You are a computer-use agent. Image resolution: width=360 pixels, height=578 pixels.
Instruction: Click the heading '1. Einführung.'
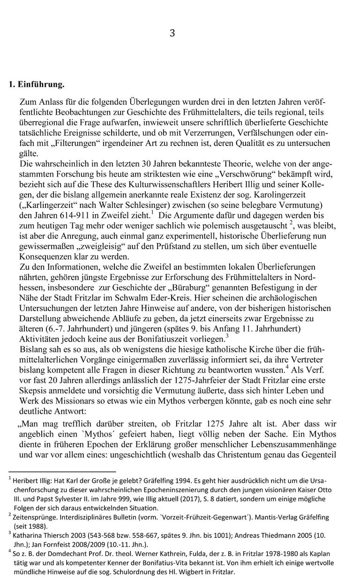(36, 85)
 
